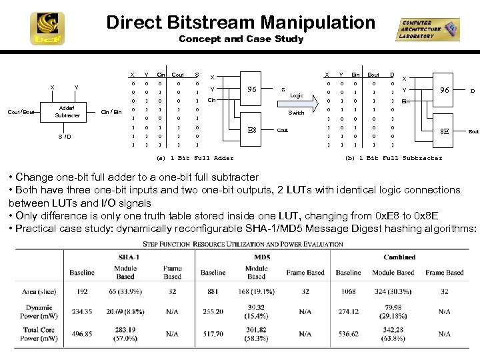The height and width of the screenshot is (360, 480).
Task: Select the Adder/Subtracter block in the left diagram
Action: tap(67, 112)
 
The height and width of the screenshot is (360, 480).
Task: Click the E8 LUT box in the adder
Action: tap(253, 130)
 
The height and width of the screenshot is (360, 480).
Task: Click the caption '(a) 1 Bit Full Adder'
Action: tap(194, 158)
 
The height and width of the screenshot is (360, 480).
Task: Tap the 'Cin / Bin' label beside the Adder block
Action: tap(111, 112)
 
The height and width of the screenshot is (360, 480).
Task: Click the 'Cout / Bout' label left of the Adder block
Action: tap(21, 112)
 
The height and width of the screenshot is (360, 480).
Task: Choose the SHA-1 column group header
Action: tap(128, 257)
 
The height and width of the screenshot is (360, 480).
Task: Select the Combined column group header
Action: tap(399, 257)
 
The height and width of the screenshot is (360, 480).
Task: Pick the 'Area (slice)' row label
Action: tap(39, 291)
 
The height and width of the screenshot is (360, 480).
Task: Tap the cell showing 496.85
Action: tap(82, 333)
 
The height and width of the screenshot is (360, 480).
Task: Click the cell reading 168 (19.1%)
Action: tap(256, 291)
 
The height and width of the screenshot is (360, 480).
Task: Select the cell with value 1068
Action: tap(348, 291)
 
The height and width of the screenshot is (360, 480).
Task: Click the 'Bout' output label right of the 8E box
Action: tap(473, 132)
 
